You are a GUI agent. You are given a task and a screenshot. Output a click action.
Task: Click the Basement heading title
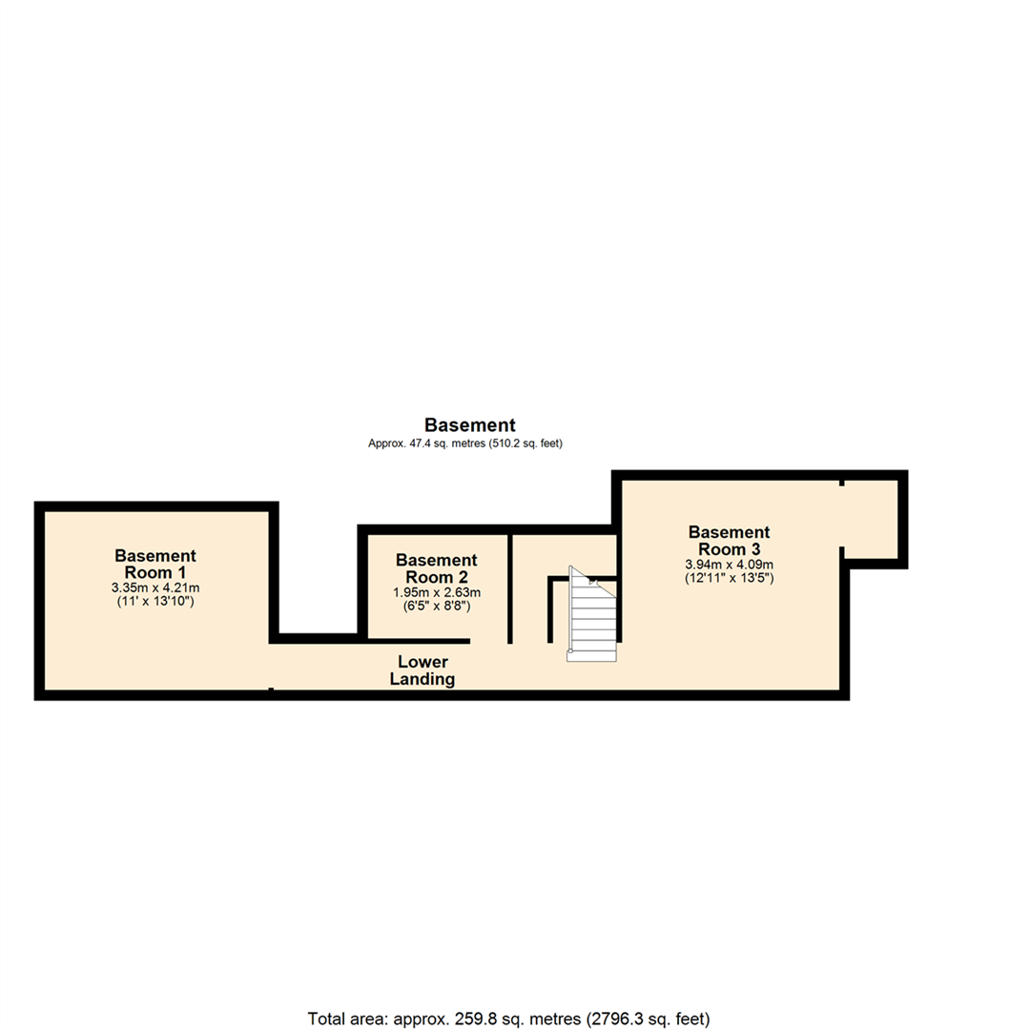(470, 425)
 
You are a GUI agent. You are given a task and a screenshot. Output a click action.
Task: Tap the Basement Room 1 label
(155, 563)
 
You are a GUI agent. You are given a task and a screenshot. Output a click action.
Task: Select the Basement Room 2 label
(436, 568)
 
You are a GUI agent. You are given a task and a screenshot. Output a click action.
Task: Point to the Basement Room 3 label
(729, 540)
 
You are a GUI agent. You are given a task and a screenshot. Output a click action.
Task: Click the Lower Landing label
(423, 670)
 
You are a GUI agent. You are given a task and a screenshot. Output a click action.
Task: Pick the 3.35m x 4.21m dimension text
(155, 587)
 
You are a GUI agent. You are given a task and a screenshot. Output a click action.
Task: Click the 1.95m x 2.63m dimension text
(436, 592)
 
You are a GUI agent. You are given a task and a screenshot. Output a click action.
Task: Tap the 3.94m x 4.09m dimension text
(729, 564)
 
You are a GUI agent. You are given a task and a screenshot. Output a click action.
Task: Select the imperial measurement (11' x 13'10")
(155, 602)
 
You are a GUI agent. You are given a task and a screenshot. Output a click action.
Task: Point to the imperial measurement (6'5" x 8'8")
(436, 606)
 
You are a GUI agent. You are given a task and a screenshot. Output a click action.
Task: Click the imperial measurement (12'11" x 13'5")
(729, 577)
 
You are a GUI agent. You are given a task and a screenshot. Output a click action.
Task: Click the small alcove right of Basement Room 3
(871, 519)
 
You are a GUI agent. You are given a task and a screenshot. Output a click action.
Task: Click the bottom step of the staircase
(591, 655)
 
